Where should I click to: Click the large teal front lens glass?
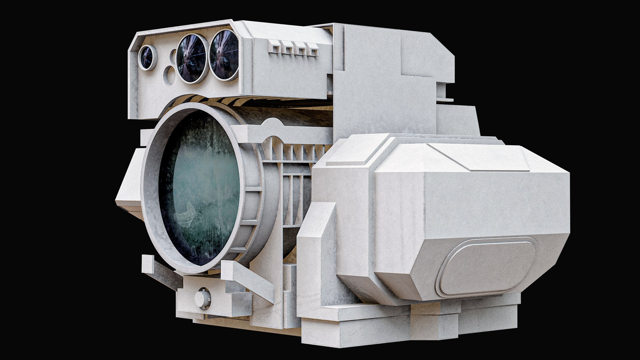pos(200,188)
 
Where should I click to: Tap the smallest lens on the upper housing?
pos(147,57)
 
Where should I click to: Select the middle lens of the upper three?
pos(191,58)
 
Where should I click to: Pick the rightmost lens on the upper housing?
pos(224,55)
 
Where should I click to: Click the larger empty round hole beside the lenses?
pos(170,75)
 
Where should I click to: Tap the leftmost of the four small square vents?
pos(274,47)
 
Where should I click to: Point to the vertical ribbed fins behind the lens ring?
pos(293,187)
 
